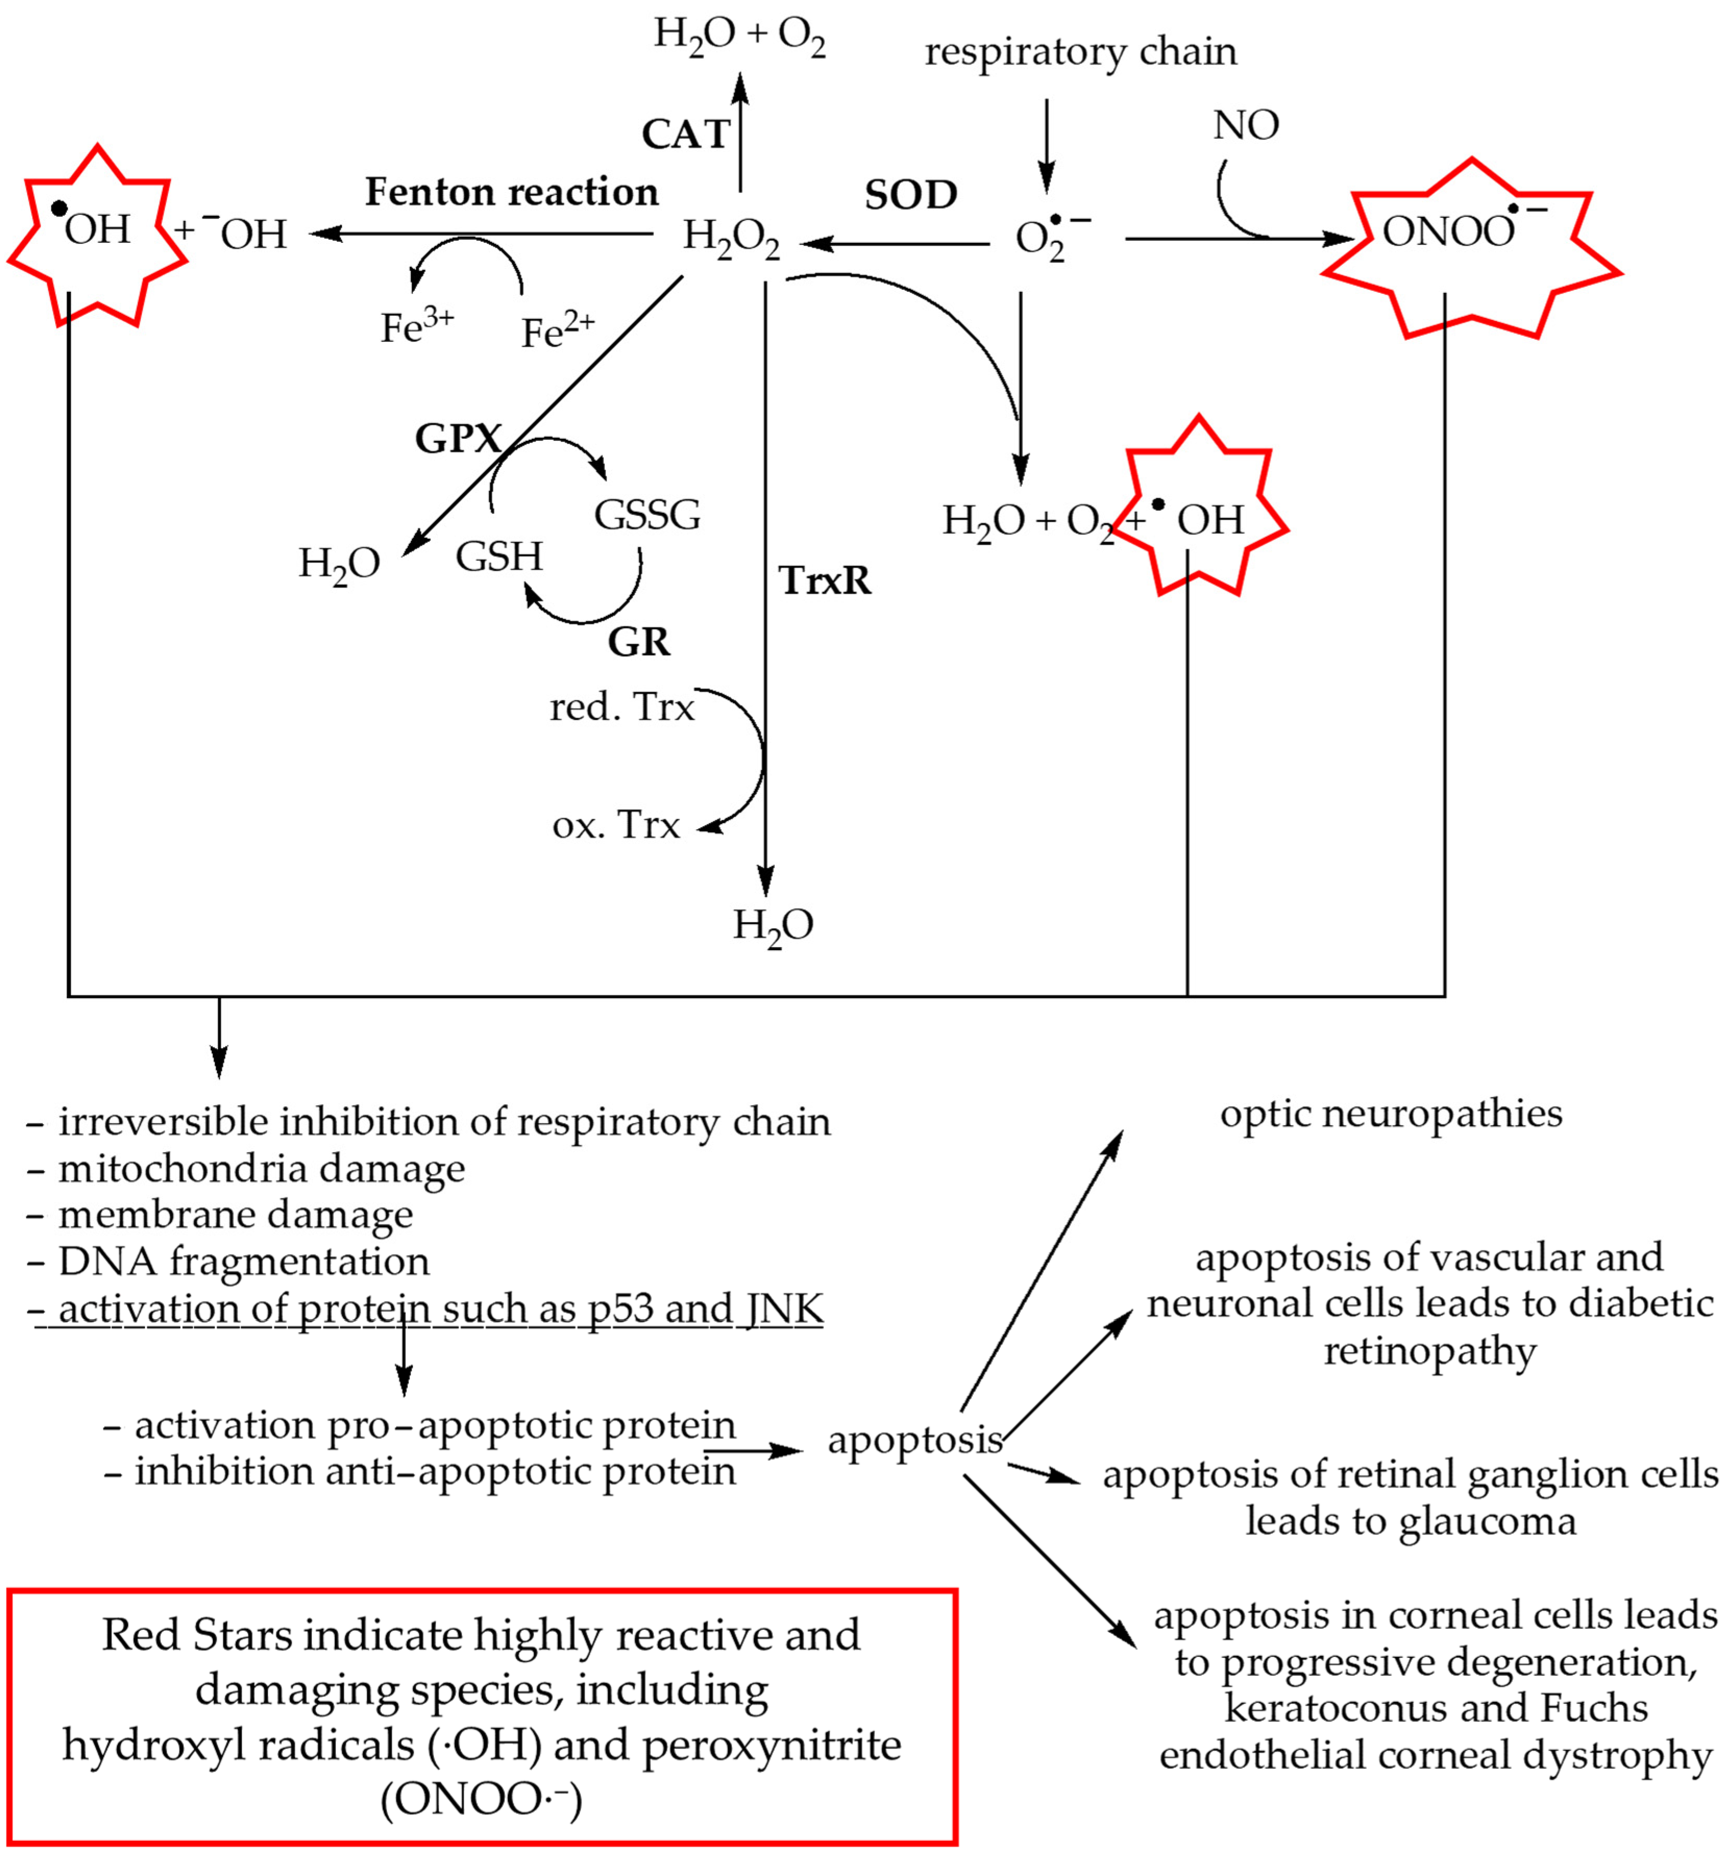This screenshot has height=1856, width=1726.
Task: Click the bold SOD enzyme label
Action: tap(910, 194)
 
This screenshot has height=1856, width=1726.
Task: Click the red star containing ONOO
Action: tap(1470, 248)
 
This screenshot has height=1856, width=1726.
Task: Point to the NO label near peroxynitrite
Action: tap(1246, 125)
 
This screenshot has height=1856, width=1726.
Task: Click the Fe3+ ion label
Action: tap(416, 327)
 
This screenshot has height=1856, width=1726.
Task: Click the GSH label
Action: tap(499, 557)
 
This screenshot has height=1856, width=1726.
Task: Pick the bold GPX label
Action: tap(458, 438)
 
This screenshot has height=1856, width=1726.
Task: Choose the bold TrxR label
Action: tap(824, 581)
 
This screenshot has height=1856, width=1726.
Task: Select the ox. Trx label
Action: tap(616, 825)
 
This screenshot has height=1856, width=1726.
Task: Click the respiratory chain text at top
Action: tap(1080, 52)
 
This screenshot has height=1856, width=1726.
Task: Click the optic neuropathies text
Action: tap(1391, 1114)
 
